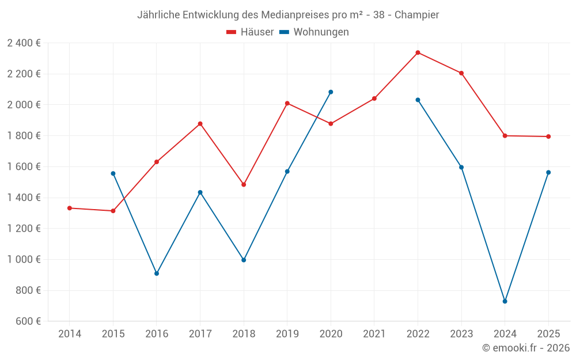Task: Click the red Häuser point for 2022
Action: point(418,52)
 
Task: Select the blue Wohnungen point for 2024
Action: point(505,301)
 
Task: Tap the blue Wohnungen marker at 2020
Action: point(331,92)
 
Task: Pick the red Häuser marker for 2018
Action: point(244,185)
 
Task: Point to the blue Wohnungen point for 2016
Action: point(157,274)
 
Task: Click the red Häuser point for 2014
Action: point(70,208)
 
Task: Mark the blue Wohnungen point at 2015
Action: point(113,173)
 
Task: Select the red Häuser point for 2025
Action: point(548,137)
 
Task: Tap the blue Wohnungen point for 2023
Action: point(461,167)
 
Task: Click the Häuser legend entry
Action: point(250,32)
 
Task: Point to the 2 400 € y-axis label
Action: point(24,43)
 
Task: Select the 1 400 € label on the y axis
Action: point(24,198)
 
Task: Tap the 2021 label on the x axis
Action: point(374,334)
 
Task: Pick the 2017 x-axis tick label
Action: point(200,334)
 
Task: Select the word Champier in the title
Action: point(416,14)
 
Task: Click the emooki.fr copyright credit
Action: point(526,348)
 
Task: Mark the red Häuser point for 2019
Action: point(287,103)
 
